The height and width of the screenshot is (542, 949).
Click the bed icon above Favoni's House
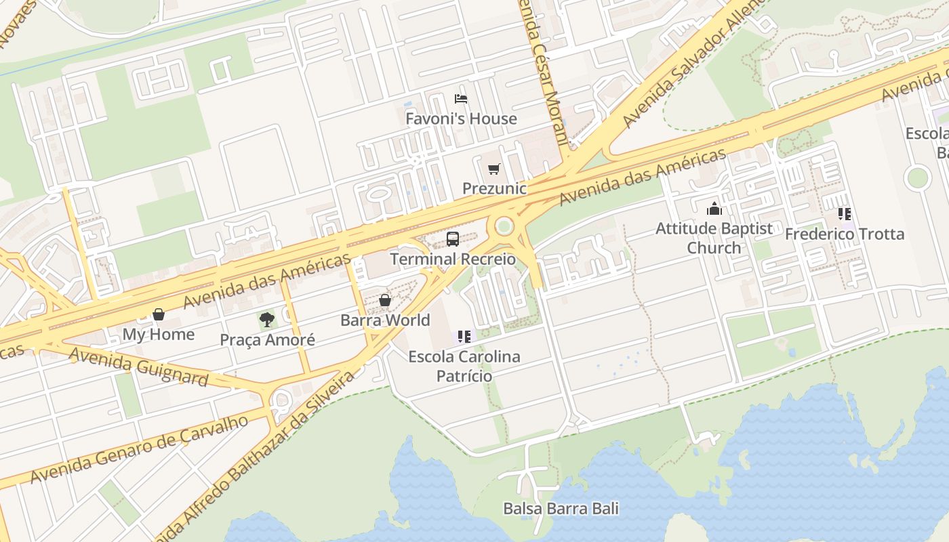tap(461, 99)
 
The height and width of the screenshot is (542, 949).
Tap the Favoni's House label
tap(461, 119)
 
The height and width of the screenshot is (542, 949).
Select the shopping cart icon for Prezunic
tap(493, 169)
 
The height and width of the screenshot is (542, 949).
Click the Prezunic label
tap(494, 188)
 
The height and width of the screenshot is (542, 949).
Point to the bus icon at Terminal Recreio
tap(452, 239)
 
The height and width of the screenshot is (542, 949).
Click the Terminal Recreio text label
tap(453, 259)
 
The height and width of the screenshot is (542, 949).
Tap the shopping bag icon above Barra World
tap(385, 300)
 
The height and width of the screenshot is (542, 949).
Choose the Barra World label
tap(385, 320)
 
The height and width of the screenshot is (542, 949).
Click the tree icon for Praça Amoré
tap(267, 320)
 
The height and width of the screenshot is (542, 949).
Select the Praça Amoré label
tap(267, 339)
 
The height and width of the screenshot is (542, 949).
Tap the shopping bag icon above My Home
tap(159, 314)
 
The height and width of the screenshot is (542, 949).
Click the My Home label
tap(159, 334)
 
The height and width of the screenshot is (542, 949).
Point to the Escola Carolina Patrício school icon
tap(464, 336)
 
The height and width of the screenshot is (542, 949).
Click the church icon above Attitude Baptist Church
tap(714, 209)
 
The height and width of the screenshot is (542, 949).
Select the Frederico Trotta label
tap(845, 234)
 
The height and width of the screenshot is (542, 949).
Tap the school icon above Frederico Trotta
tap(845, 214)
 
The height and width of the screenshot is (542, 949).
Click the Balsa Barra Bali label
tap(561, 508)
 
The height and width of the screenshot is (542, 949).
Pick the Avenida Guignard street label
tap(138, 367)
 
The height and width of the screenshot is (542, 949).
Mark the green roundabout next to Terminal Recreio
tap(504, 226)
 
